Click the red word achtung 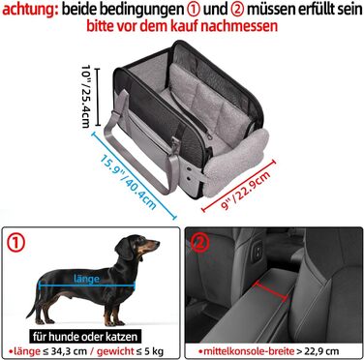coord(30,10)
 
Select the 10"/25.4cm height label coord(86,96)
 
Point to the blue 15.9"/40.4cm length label coord(129,182)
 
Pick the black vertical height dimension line coord(98,97)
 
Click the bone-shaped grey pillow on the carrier coord(236,162)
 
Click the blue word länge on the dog coord(86,279)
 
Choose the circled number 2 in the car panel coord(199,244)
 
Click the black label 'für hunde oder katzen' coord(85,337)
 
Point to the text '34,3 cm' coord(66,351)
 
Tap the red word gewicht coord(115,351)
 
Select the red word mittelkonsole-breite coord(249,351)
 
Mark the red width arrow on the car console coord(270,291)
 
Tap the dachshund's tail coord(34,303)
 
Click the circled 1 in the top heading coord(194,10)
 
